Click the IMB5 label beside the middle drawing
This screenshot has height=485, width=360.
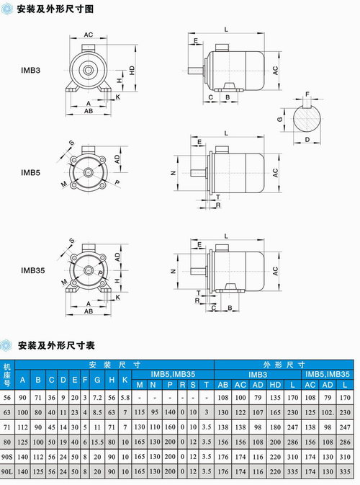[x=30, y=172]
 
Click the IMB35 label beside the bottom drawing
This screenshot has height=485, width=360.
[x=32, y=270]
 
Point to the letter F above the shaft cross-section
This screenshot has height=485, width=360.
[x=307, y=94]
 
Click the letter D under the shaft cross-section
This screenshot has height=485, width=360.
[x=307, y=139]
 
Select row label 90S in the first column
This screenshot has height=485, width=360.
[x=7, y=457]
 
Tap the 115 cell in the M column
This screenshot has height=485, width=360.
[x=140, y=411]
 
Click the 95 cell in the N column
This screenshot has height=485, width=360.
[x=155, y=411]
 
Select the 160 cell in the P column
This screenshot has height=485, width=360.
[x=170, y=427]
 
